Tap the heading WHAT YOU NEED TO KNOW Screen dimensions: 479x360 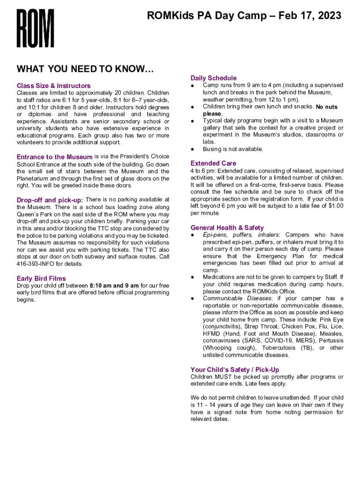(85, 70)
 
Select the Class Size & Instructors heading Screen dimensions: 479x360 (54, 86)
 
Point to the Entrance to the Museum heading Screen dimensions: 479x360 (55, 157)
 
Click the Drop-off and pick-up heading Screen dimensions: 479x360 (50, 200)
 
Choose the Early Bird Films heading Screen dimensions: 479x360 (41, 278)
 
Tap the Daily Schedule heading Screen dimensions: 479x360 (214, 78)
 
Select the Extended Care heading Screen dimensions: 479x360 (213, 163)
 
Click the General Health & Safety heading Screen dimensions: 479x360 (227, 227)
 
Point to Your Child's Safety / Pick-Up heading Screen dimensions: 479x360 (235, 370)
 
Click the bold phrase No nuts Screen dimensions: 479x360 (326, 107)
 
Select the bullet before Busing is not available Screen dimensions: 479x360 (192, 149)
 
